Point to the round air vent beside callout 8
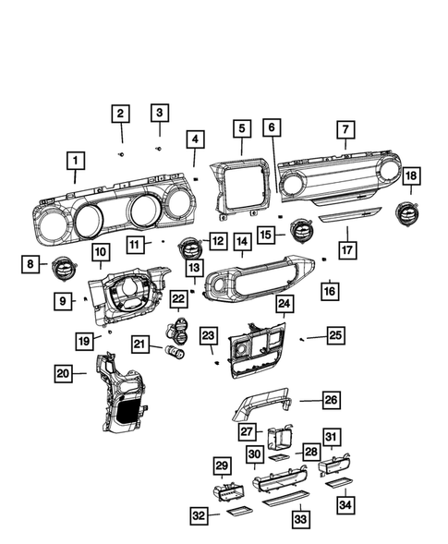coord(63,268)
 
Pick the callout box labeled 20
coord(63,373)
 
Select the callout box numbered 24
coord(284,303)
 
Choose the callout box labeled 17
coord(348,249)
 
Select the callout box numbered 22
coord(178,299)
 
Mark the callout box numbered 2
coord(120,114)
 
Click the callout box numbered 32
coord(199,515)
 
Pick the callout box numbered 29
coord(222,465)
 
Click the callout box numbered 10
coord(100,251)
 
